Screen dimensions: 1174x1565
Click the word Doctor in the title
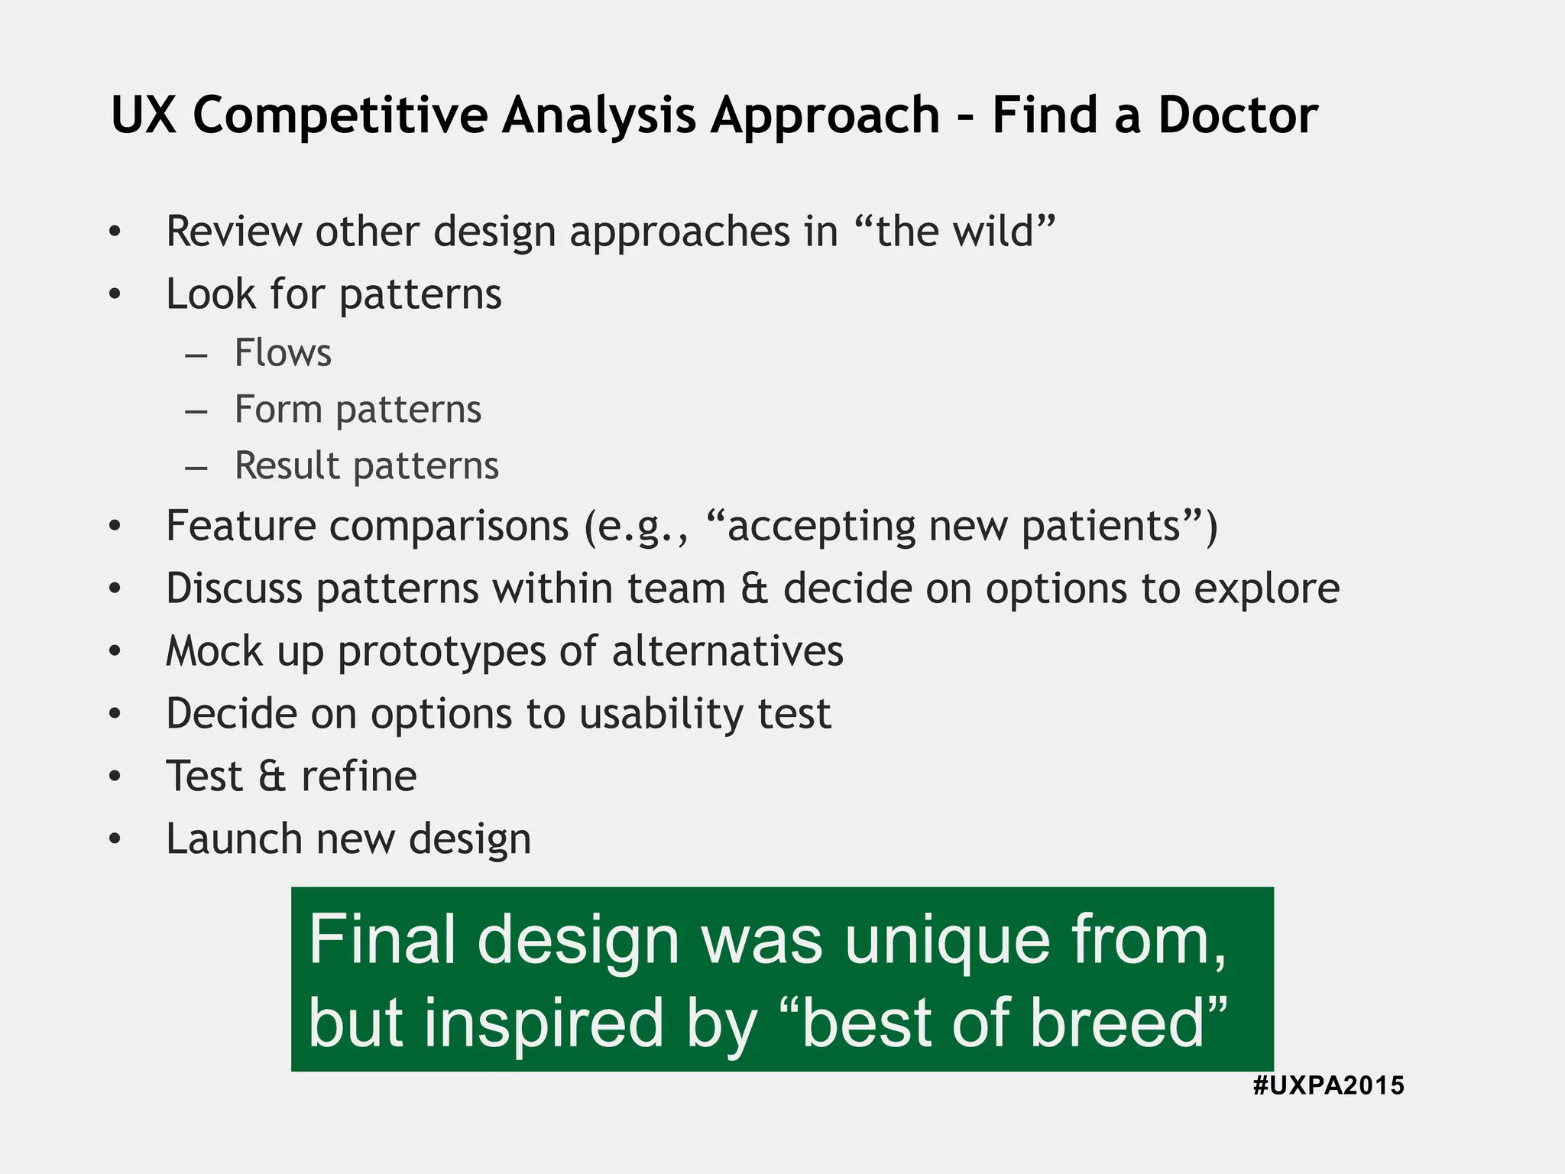[1237, 115]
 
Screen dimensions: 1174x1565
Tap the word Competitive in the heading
[340, 115]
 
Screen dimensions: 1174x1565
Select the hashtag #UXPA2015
[1328, 1085]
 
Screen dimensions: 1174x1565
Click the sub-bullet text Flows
[283, 353]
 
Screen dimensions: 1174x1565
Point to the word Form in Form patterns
[278, 409]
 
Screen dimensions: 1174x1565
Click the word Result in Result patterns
[287, 465]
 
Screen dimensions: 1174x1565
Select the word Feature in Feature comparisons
[240, 526]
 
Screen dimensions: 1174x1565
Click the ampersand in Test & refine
[272, 777]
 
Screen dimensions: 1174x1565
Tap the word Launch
[235, 838]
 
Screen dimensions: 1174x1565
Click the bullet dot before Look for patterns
[115, 294]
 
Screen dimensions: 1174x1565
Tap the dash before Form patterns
[196, 410]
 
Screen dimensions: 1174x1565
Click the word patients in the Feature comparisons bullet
[1101, 526]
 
